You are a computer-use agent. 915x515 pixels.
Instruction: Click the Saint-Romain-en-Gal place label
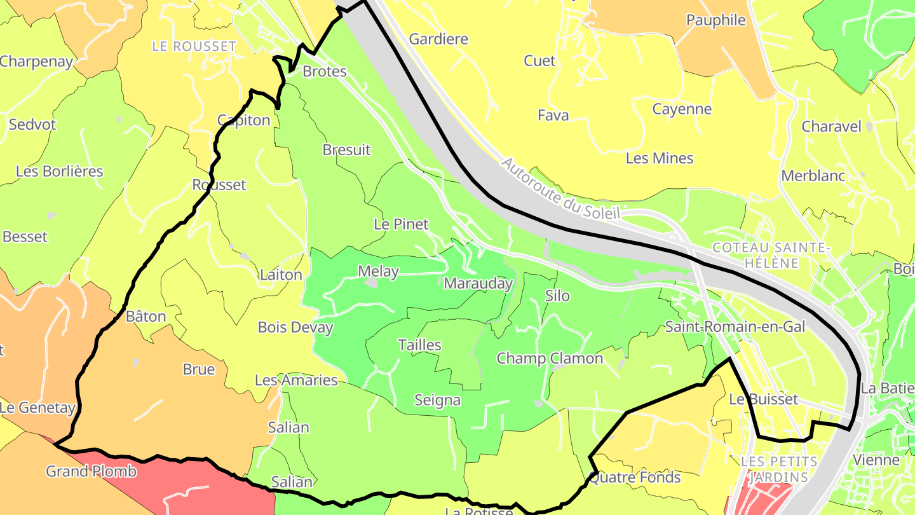click(x=735, y=327)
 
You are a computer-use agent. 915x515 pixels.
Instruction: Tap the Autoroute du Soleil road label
click(x=560, y=189)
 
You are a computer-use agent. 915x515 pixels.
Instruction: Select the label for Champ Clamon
click(x=550, y=359)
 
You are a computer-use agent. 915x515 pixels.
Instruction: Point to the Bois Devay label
click(x=295, y=327)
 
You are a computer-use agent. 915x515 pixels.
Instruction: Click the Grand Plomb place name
click(x=91, y=472)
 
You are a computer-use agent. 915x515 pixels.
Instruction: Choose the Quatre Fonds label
click(x=635, y=477)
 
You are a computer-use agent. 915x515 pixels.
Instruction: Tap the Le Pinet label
click(x=401, y=224)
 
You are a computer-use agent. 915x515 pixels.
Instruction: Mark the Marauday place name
click(x=478, y=284)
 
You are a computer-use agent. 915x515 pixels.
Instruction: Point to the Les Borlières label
click(x=60, y=172)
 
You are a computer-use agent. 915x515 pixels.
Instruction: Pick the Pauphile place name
click(x=716, y=20)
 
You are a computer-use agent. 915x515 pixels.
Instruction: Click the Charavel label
click(x=831, y=127)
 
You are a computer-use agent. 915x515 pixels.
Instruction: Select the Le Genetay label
click(x=37, y=408)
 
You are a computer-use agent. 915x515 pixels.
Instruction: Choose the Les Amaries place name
click(x=296, y=380)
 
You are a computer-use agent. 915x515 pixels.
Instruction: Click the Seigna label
click(x=437, y=401)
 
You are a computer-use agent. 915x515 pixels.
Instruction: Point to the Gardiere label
click(x=438, y=39)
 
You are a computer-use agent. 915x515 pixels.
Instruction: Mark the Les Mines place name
click(x=660, y=158)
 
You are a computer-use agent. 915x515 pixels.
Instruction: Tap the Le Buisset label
click(x=763, y=399)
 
